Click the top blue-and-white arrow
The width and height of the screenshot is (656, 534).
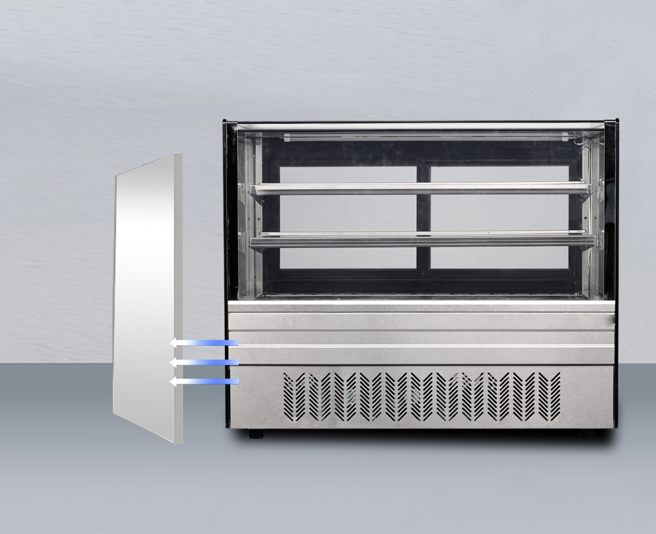[203, 342]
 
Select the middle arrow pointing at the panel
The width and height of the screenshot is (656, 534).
[203, 362]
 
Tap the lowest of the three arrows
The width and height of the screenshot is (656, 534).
[203, 381]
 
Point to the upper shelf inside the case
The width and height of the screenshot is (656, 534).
[420, 189]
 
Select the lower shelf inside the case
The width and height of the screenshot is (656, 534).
[420, 241]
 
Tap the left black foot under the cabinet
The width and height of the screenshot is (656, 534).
[256, 434]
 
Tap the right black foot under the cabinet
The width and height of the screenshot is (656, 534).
[587, 434]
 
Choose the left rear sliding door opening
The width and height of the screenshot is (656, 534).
[348, 216]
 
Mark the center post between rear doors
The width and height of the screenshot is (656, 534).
[424, 216]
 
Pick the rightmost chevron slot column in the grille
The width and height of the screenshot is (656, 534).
[555, 396]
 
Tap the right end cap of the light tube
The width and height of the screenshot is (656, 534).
[565, 138]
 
